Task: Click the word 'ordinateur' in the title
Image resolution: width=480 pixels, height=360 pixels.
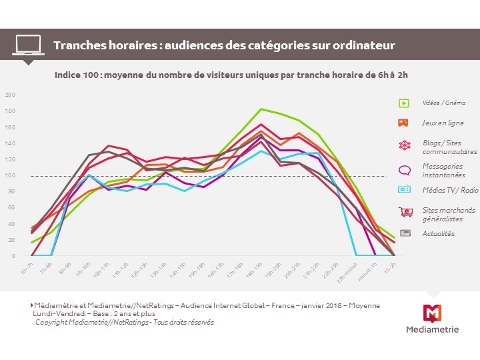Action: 363,45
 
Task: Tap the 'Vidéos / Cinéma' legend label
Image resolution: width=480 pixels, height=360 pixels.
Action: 443,103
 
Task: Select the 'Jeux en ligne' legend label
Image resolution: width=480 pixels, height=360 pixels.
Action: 442,123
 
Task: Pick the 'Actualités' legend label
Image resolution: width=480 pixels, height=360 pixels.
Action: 438,233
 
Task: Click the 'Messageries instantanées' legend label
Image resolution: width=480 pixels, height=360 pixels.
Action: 443,170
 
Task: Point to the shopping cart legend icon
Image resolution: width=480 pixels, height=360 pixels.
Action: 405,212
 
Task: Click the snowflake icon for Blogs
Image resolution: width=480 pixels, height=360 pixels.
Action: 404,145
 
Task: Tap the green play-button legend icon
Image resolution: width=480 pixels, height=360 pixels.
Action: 404,103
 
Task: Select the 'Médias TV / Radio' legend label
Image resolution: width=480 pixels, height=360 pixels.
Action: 449,190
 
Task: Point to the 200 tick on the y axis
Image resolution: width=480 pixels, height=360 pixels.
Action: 10,95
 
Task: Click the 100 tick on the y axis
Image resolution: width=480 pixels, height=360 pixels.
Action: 10,175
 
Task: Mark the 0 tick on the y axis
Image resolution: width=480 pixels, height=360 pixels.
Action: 13,256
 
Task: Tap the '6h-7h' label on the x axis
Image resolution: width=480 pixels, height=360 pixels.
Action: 27,268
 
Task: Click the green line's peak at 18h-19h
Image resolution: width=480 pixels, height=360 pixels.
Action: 261,109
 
